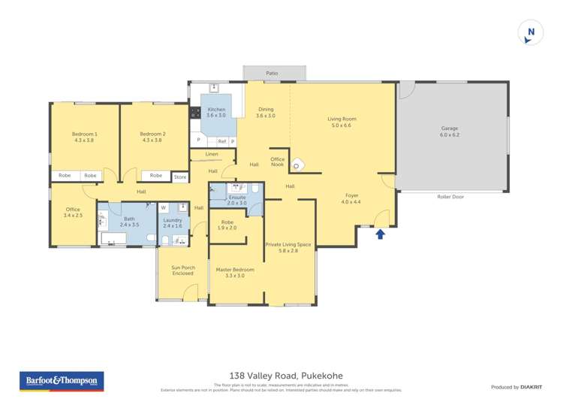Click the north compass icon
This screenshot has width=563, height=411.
[x=531, y=32]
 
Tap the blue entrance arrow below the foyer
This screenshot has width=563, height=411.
[x=380, y=234]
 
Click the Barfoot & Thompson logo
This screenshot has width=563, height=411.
[x=61, y=381]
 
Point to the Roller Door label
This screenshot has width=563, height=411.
[x=450, y=197]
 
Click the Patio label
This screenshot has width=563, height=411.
[x=272, y=73]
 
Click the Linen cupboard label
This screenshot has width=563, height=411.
[x=211, y=154]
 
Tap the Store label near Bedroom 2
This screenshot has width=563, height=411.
[x=180, y=177]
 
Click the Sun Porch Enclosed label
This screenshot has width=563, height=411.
[x=182, y=270]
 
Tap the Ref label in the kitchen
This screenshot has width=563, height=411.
[x=222, y=141]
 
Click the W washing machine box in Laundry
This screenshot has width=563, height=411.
[x=163, y=207]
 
